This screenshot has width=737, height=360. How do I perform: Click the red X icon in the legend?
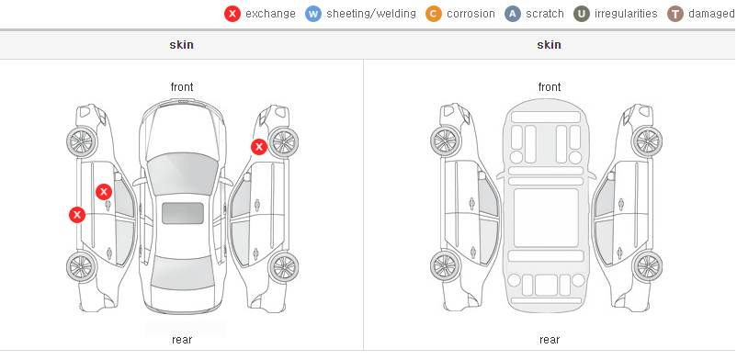232,14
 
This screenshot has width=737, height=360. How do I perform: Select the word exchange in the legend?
270,14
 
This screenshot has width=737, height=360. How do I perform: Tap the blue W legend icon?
313,14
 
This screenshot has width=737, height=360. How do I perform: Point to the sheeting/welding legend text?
371,14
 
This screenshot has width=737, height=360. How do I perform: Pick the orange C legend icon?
434,14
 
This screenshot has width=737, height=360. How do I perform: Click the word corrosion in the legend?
471,14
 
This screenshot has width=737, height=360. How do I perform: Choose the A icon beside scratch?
513,14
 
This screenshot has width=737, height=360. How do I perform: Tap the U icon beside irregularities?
582,14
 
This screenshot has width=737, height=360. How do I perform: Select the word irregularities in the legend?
626,14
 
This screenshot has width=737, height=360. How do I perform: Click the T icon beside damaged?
675,14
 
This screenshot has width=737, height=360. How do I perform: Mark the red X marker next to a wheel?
258,147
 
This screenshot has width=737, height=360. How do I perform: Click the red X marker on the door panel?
104,192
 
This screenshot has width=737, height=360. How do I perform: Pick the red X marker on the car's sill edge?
77,215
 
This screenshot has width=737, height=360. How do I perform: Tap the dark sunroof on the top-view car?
183,213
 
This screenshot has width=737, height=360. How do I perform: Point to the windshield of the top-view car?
182,171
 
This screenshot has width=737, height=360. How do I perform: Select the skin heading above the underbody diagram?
549,45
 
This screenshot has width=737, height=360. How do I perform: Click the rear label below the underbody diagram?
550,340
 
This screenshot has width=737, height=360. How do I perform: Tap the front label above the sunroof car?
182,87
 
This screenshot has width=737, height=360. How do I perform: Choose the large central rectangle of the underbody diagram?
546,218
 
